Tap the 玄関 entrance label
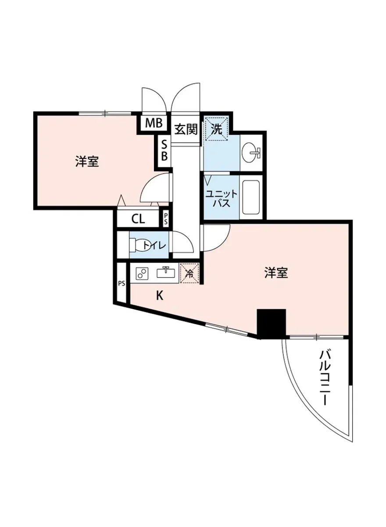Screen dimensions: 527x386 pyautogui.click(x=186, y=130)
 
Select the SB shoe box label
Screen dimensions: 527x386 pyautogui.click(x=164, y=150)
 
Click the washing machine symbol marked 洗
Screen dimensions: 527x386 pyautogui.click(x=218, y=129)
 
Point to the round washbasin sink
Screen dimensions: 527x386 pyautogui.click(x=252, y=153)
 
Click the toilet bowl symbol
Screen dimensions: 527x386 pyautogui.click(x=141, y=245)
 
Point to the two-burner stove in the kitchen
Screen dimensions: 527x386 pyautogui.click(x=142, y=274)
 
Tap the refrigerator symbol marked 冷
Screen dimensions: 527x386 pyautogui.click(x=190, y=273)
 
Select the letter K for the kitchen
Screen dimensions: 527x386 pyautogui.click(x=160, y=296)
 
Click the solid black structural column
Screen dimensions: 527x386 pyautogui.click(x=271, y=324)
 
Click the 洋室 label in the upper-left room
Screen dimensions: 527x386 pyautogui.click(x=86, y=162)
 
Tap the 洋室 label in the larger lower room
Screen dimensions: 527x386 pyautogui.click(x=276, y=273)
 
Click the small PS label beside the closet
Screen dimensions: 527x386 pyautogui.click(x=165, y=218)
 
